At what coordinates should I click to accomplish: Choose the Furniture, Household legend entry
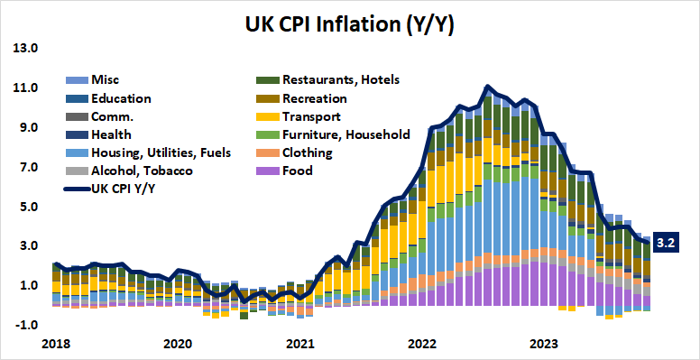[x=345, y=134]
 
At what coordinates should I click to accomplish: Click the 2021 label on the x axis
[x=299, y=344]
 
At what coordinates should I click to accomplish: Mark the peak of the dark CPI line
[x=487, y=87]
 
